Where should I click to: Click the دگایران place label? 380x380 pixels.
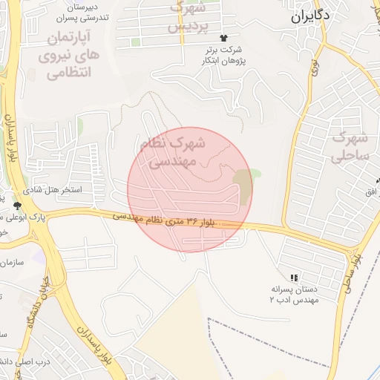[x=310, y=15]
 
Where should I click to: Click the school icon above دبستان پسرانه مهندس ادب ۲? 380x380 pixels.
[x=295, y=278]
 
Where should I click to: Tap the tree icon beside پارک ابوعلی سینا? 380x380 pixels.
[x=17, y=204]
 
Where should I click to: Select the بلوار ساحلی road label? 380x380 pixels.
[x=347, y=279]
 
